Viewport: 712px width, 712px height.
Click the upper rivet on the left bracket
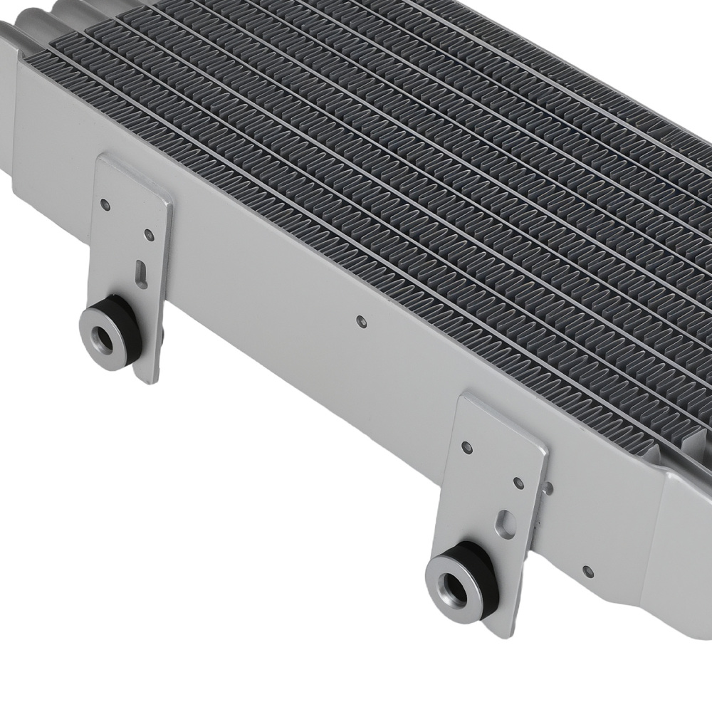coord(105,205)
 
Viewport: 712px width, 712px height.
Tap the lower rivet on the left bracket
coord(149,234)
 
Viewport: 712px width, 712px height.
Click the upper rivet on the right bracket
coord(467,447)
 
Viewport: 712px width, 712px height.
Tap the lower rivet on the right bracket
coord(518,483)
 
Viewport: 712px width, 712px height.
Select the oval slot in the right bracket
coord(507,522)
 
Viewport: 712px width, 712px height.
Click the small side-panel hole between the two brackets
coord(361,322)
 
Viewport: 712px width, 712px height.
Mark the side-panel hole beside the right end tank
coord(587,571)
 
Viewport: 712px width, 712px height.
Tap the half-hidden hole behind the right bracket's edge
coord(548,488)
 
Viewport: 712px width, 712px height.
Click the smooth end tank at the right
coord(684,541)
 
